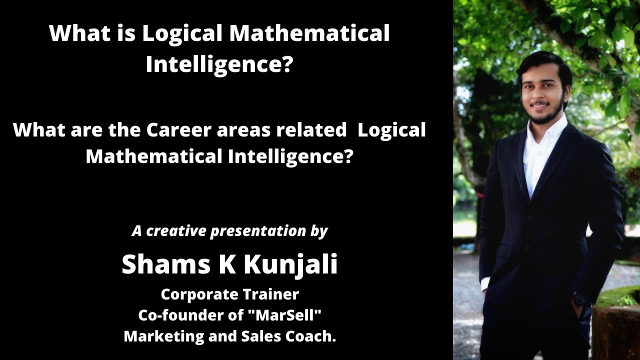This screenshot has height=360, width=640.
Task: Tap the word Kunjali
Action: point(290,265)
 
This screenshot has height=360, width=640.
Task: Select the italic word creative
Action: point(176,231)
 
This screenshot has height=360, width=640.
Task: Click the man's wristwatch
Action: point(580,299)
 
